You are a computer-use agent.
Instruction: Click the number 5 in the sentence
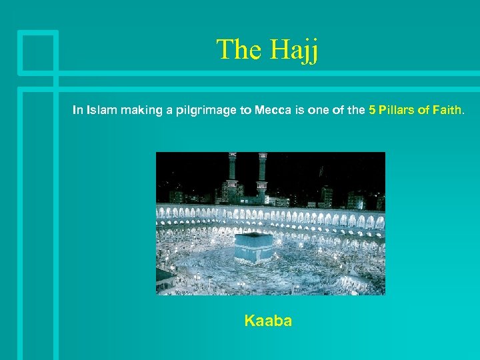371,111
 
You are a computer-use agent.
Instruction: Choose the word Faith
447,111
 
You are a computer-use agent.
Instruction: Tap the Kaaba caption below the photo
268,321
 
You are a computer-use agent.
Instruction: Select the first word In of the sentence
77,111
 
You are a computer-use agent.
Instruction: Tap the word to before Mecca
245,111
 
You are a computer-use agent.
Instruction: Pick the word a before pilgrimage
171,111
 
